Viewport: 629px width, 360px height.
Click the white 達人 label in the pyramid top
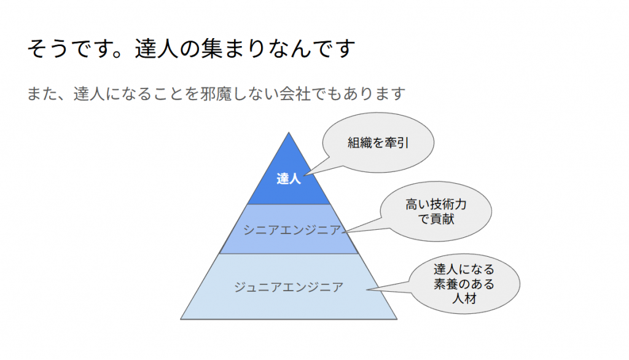(x=289, y=178)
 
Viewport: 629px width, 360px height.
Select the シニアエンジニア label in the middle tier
(x=292, y=230)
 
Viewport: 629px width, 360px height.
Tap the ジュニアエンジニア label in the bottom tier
(x=289, y=287)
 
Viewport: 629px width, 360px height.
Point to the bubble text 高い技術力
(x=436, y=205)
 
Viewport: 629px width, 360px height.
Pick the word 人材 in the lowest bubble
(x=464, y=299)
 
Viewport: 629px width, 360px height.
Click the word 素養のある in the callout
(x=464, y=284)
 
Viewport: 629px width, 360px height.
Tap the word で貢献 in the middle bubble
(x=436, y=219)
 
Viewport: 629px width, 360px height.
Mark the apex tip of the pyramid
(x=289, y=133)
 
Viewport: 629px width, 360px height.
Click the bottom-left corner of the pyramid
(x=181, y=319)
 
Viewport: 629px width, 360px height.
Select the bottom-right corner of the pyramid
(x=397, y=319)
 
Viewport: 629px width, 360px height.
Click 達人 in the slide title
(x=157, y=49)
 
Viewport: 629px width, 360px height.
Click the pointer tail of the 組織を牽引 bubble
(x=305, y=176)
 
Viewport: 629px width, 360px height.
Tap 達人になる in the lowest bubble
(x=464, y=269)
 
